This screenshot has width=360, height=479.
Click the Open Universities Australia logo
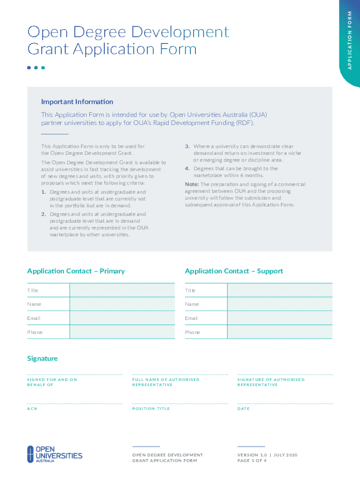54,454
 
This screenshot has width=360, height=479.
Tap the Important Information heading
77,102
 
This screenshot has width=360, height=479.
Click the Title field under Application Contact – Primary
122,290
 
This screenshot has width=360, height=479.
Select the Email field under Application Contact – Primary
122,318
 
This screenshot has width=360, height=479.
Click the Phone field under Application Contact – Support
280,332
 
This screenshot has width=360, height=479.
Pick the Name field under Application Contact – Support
280,304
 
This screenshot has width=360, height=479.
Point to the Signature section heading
43,358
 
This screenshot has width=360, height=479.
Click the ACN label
32,409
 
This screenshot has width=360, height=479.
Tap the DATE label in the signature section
244,409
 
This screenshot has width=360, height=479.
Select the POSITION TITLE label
151,409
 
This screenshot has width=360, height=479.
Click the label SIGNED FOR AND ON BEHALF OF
52,382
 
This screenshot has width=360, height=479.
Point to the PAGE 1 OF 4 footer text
252,461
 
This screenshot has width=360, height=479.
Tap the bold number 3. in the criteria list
187,146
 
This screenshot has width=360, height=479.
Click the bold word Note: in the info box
192,184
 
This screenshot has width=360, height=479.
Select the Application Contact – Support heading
234,271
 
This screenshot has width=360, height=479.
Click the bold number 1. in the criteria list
43,192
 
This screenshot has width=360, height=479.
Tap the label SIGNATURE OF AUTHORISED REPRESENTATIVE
271,382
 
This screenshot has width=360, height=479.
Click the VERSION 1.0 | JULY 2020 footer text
267,455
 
